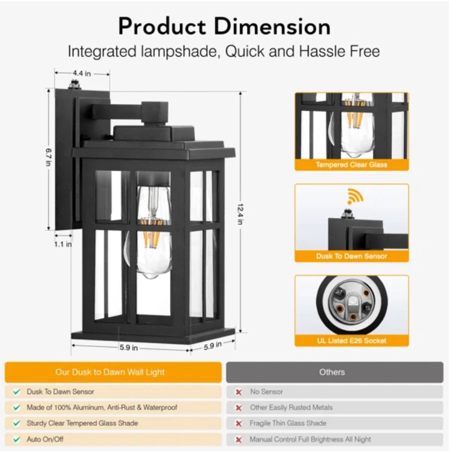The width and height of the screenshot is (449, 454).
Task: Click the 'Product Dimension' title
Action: point(224,26)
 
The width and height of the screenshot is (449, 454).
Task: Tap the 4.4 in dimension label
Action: point(82,73)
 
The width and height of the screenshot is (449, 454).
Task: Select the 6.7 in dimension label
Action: point(48,157)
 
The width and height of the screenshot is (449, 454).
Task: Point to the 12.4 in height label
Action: point(240,214)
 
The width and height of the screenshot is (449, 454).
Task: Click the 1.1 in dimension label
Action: point(63,244)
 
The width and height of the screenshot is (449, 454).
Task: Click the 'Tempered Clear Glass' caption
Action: point(351,165)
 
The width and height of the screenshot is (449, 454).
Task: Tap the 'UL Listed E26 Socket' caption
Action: point(352,341)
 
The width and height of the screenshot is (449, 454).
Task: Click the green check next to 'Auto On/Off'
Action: point(16,439)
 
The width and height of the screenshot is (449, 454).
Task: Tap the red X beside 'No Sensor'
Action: point(239,392)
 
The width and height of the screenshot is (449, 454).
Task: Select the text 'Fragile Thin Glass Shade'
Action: point(288,423)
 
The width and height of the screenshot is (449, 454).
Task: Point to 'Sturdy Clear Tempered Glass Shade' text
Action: point(82,423)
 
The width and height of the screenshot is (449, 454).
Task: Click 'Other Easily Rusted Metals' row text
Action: point(291,407)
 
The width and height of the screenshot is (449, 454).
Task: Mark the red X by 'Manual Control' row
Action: point(239,439)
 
